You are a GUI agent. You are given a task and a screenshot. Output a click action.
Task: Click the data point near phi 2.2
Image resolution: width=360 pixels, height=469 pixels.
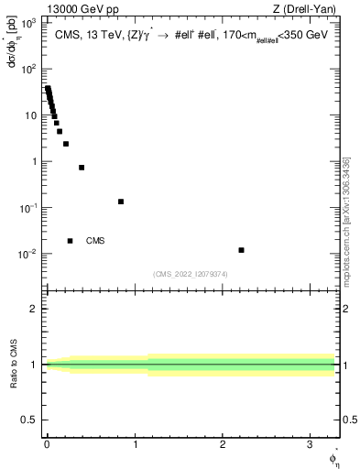coord(241,250)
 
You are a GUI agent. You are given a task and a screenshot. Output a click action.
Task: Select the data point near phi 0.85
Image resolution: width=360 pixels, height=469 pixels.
coord(121,202)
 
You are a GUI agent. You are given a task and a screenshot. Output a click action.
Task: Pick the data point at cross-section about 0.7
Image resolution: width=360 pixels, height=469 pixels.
coord(82,168)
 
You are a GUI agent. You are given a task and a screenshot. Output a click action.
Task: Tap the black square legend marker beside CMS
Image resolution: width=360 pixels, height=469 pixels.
coord(70,241)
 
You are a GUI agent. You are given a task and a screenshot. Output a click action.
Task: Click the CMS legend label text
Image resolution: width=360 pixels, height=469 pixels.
coord(95,241)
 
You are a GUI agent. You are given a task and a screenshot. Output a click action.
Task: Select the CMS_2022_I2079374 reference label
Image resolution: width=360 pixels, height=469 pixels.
coord(191,273)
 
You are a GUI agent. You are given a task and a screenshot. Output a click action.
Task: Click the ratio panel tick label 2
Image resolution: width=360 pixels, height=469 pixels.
coord(32,309)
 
